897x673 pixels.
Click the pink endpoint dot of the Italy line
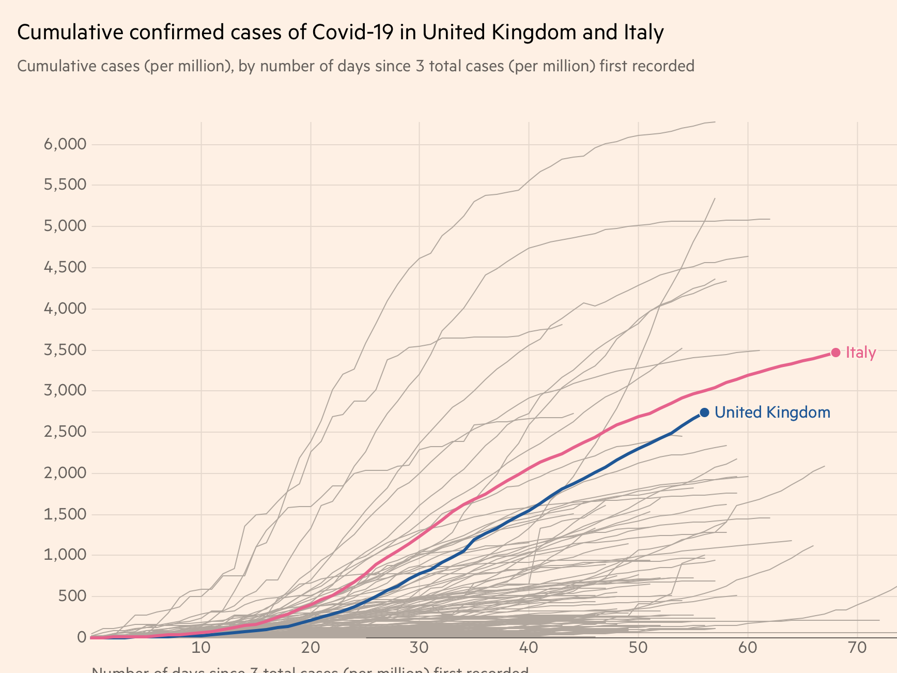836,353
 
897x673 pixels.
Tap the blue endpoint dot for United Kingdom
704,412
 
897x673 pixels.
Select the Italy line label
861,353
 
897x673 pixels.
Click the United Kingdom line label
772,412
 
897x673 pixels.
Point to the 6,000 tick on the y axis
65,144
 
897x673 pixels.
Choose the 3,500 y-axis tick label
65,350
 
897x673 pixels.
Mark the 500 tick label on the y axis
72,596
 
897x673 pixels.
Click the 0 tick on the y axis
81,637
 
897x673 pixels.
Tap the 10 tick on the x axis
200,648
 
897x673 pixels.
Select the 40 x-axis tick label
529,648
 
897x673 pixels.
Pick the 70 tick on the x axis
857,648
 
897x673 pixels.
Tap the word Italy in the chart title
640,33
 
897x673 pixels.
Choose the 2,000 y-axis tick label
65,473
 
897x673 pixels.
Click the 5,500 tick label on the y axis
65,185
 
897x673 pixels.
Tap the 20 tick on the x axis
310,648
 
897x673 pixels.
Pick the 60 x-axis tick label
748,648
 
